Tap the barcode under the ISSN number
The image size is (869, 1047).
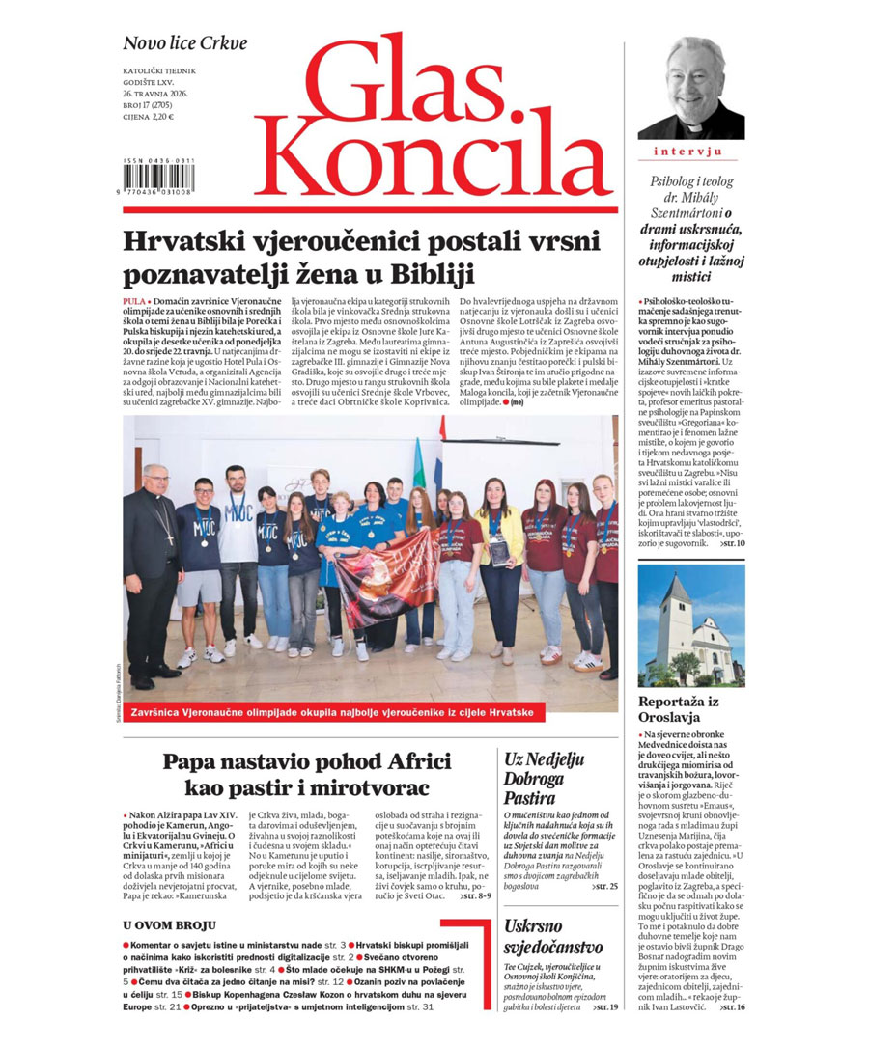point(159,178)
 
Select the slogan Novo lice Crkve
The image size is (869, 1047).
point(184,43)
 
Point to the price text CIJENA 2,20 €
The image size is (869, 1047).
point(148,117)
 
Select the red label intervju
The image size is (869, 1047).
point(689,152)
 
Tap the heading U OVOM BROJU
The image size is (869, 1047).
point(169,925)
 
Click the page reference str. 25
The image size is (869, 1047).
point(603,885)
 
